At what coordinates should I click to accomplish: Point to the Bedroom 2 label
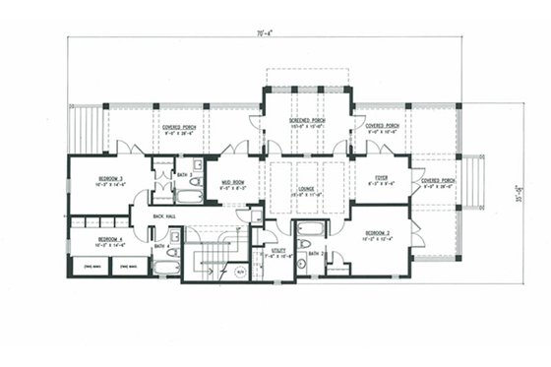click(x=375, y=233)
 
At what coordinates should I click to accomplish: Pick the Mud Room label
click(x=232, y=182)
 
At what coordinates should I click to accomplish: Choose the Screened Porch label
click(x=306, y=120)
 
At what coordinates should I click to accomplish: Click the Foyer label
click(x=382, y=179)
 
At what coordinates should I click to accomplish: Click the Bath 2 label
click(x=315, y=254)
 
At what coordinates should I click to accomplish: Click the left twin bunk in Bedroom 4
click(x=92, y=266)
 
